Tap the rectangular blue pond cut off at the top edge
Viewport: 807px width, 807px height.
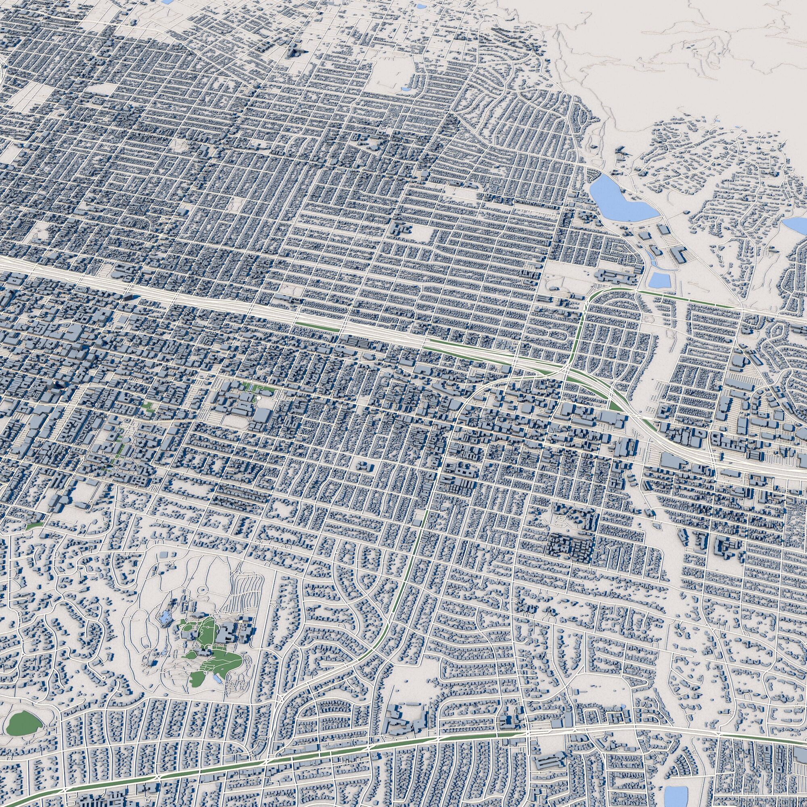[167, 2]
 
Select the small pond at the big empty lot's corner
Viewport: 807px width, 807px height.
[405, 88]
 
